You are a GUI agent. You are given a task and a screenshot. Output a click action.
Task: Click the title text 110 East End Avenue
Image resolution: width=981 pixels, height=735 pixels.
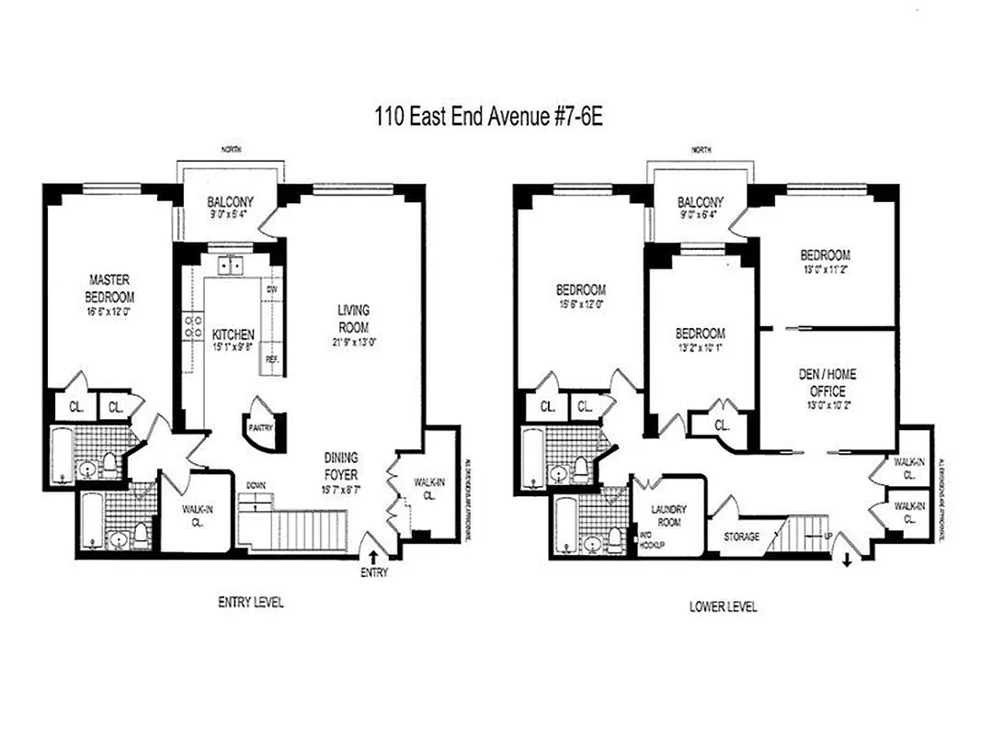(x=489, y=118)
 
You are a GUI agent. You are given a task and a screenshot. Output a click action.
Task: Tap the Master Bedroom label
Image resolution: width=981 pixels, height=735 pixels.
(x=110, y=288)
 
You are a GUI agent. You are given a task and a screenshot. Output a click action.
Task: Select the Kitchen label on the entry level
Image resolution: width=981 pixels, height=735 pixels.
(x=234, y=334)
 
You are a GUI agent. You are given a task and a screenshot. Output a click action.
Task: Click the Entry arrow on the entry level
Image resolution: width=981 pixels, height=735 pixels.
(x=374, y=556)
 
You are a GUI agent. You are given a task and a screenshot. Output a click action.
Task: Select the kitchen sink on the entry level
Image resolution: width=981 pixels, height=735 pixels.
(x=229, y=266)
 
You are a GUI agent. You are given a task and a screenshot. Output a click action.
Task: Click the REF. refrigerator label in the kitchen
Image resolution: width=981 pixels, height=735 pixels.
(x=272, y=359)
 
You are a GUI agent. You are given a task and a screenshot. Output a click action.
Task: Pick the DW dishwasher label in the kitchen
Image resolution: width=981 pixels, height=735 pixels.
(x=271, y=289)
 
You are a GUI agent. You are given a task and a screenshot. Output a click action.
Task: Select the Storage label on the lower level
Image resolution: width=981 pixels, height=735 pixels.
(x=742, y=537)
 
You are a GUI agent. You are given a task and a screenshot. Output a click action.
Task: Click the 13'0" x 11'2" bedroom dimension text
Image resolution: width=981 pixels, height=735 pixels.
(x=825, y=270)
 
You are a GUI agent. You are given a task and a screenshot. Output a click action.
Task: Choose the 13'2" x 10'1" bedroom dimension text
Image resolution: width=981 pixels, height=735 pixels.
(x=700, y=348)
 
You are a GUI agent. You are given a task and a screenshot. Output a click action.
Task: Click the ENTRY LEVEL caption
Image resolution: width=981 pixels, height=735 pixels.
(x=250, y=603)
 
